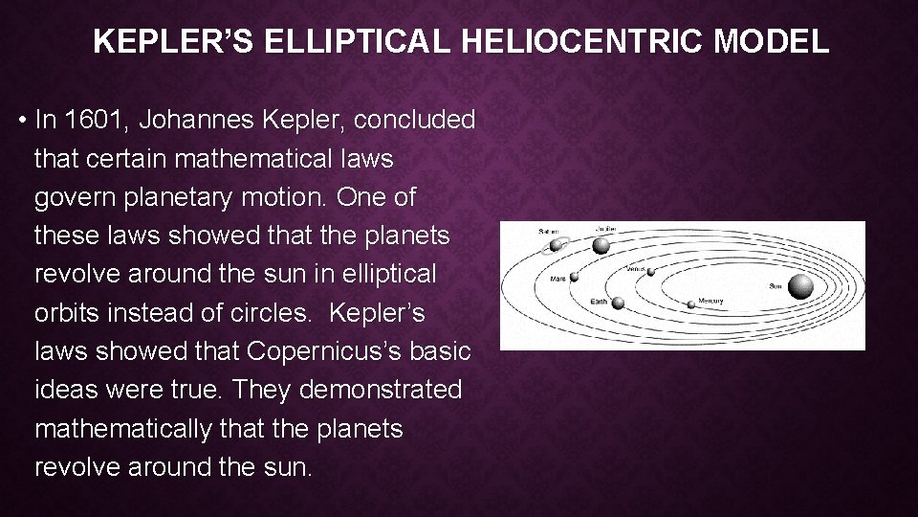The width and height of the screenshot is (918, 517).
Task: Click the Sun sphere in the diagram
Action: tap(801, 285)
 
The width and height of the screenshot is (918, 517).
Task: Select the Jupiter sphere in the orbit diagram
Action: tap(601, 246)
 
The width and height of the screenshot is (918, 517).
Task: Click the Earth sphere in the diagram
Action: tap(618, 303)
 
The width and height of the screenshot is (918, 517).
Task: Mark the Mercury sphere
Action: tap(690, 304)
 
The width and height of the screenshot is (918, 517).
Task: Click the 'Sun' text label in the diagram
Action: tap(776, 286)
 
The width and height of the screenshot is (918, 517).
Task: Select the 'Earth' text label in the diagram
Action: tap(599, 303)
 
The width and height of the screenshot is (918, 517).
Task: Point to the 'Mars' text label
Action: tap(557, 280)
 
